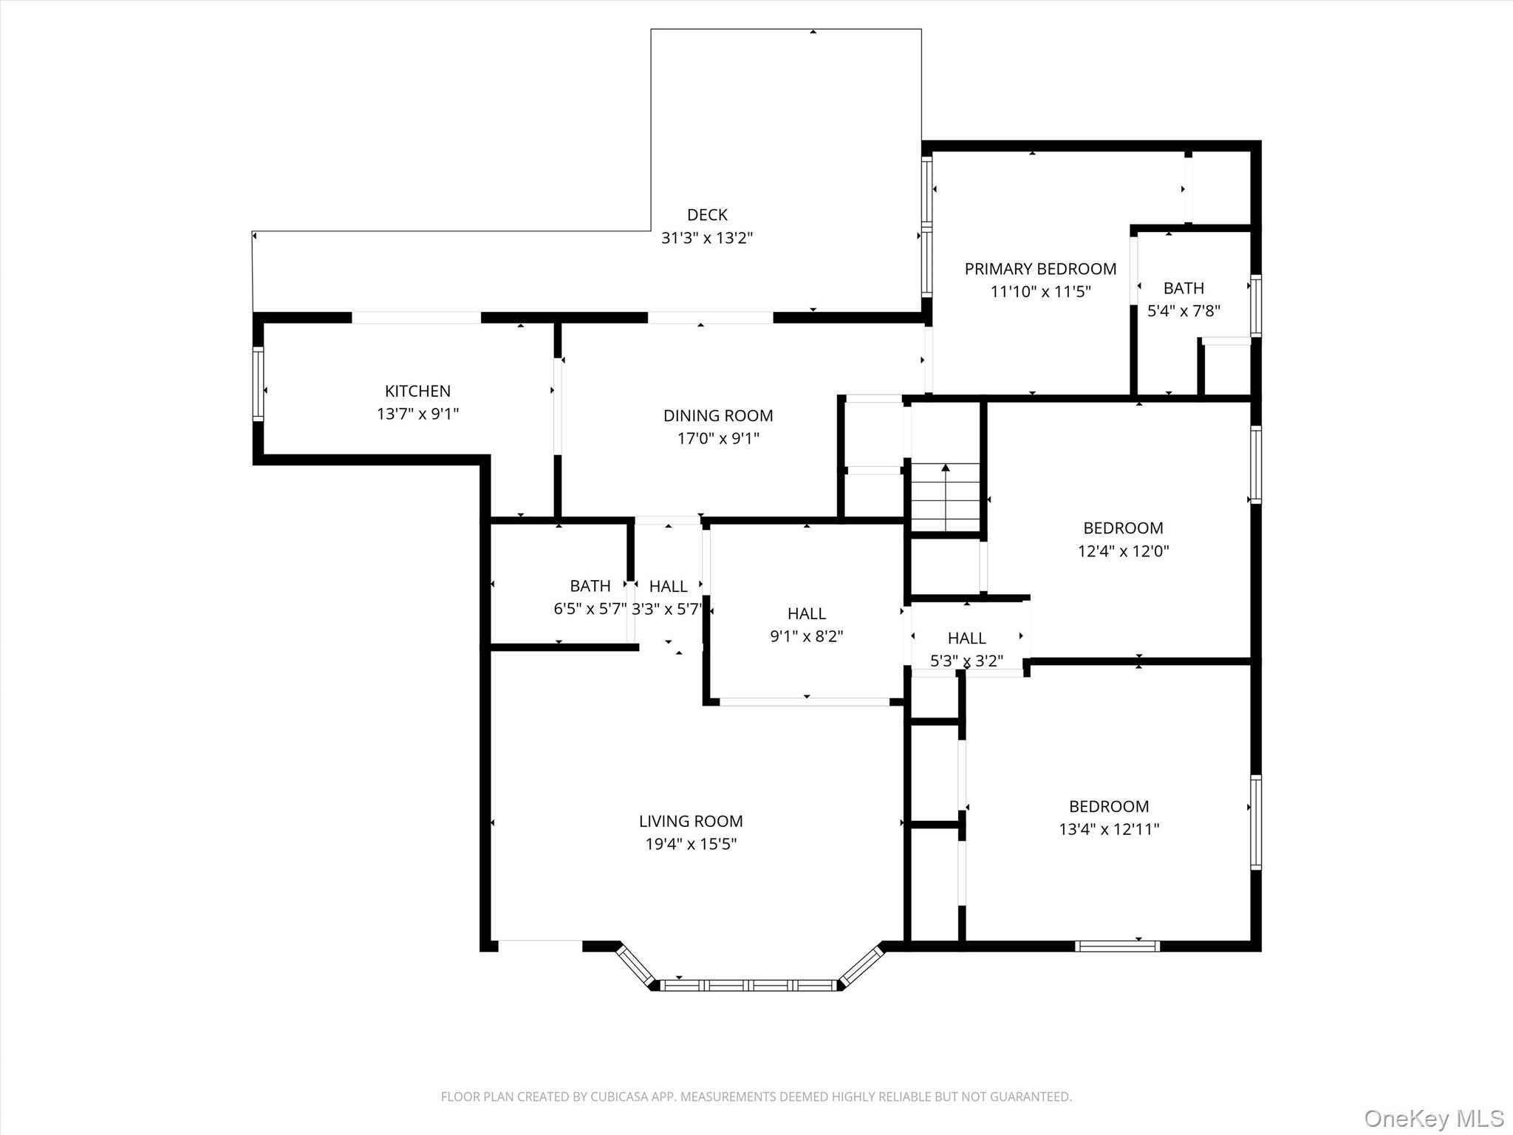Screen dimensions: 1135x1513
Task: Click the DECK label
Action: (x=707, y=215)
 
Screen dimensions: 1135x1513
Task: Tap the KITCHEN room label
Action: (x=417, y=391)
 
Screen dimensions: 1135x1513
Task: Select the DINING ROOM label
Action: (x=718, y=415)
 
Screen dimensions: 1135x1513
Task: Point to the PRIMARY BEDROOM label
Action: (x=1040, y=269)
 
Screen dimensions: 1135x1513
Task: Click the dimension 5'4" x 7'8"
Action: (x=1183, y=311)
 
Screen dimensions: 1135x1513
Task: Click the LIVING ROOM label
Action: (x=691, y=821)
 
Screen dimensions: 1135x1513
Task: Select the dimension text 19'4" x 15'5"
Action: (x=691, y=844)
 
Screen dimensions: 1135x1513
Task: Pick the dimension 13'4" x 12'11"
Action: (x=1109, y=829)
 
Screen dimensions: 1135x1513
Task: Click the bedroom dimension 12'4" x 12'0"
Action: (x=1123, y=551)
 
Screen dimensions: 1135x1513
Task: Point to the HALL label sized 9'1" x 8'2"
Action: (x=806, y=613)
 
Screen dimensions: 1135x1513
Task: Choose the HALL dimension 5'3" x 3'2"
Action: (x=966, y=661)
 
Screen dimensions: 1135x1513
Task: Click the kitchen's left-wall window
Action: (x=258, y=384)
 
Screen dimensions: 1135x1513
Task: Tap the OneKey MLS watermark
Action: (x=1433, y=1118)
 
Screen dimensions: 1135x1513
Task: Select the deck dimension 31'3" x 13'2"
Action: (x=707, y=238)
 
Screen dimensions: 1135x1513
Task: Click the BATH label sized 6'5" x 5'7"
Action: (x=590, y=586)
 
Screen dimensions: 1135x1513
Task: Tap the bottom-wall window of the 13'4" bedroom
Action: (x=1117, y=946)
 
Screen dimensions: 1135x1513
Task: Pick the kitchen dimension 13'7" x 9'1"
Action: (x=417, y=414)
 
